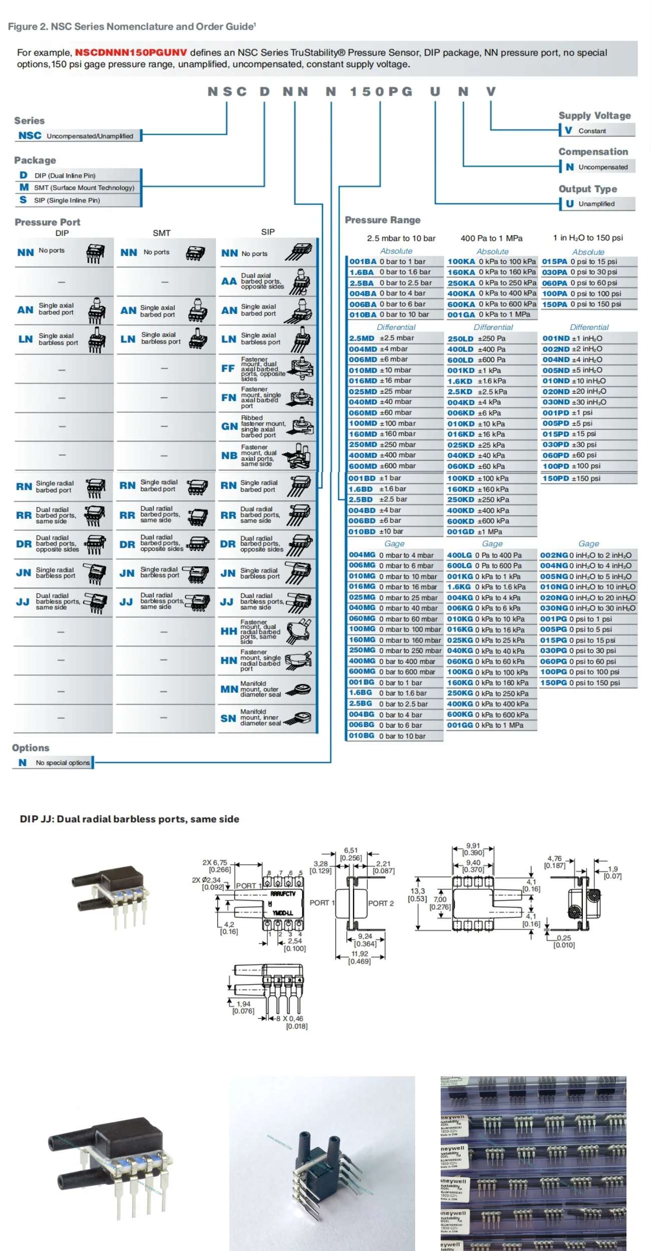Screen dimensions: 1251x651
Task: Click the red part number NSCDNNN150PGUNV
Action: tap(131, 53)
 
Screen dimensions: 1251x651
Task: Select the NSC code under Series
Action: tap(30, 136)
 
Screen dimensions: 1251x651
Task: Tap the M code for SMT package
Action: tap(24, 187)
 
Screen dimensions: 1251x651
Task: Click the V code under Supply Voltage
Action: tap(568, 130)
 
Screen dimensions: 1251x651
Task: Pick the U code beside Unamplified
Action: tap(569, 203)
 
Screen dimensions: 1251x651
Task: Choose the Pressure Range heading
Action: tap(383, 220)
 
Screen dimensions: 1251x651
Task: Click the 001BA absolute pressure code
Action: tap(363, 261)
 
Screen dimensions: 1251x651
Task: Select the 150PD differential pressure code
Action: tap(555, 478)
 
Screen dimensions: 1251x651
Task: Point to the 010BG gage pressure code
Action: tap(362, 735)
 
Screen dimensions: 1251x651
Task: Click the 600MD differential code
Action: tap(363, 466)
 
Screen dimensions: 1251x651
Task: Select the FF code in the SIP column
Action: tap(228, 369)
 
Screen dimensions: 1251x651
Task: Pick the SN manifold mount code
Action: tap(228, 718)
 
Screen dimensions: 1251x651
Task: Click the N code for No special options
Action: tap(23, 762)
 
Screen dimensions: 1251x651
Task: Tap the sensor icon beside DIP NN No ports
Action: tap(95, 253)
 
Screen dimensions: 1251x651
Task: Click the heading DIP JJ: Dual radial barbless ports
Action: tap(129, 819)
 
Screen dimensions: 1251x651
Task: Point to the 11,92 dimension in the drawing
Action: tap(360, 954)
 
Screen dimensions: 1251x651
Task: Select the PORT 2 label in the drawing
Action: tap(381, 903)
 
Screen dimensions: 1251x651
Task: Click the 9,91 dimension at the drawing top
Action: tap(473, 845)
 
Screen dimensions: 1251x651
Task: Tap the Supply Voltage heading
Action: tap(594, 116)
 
